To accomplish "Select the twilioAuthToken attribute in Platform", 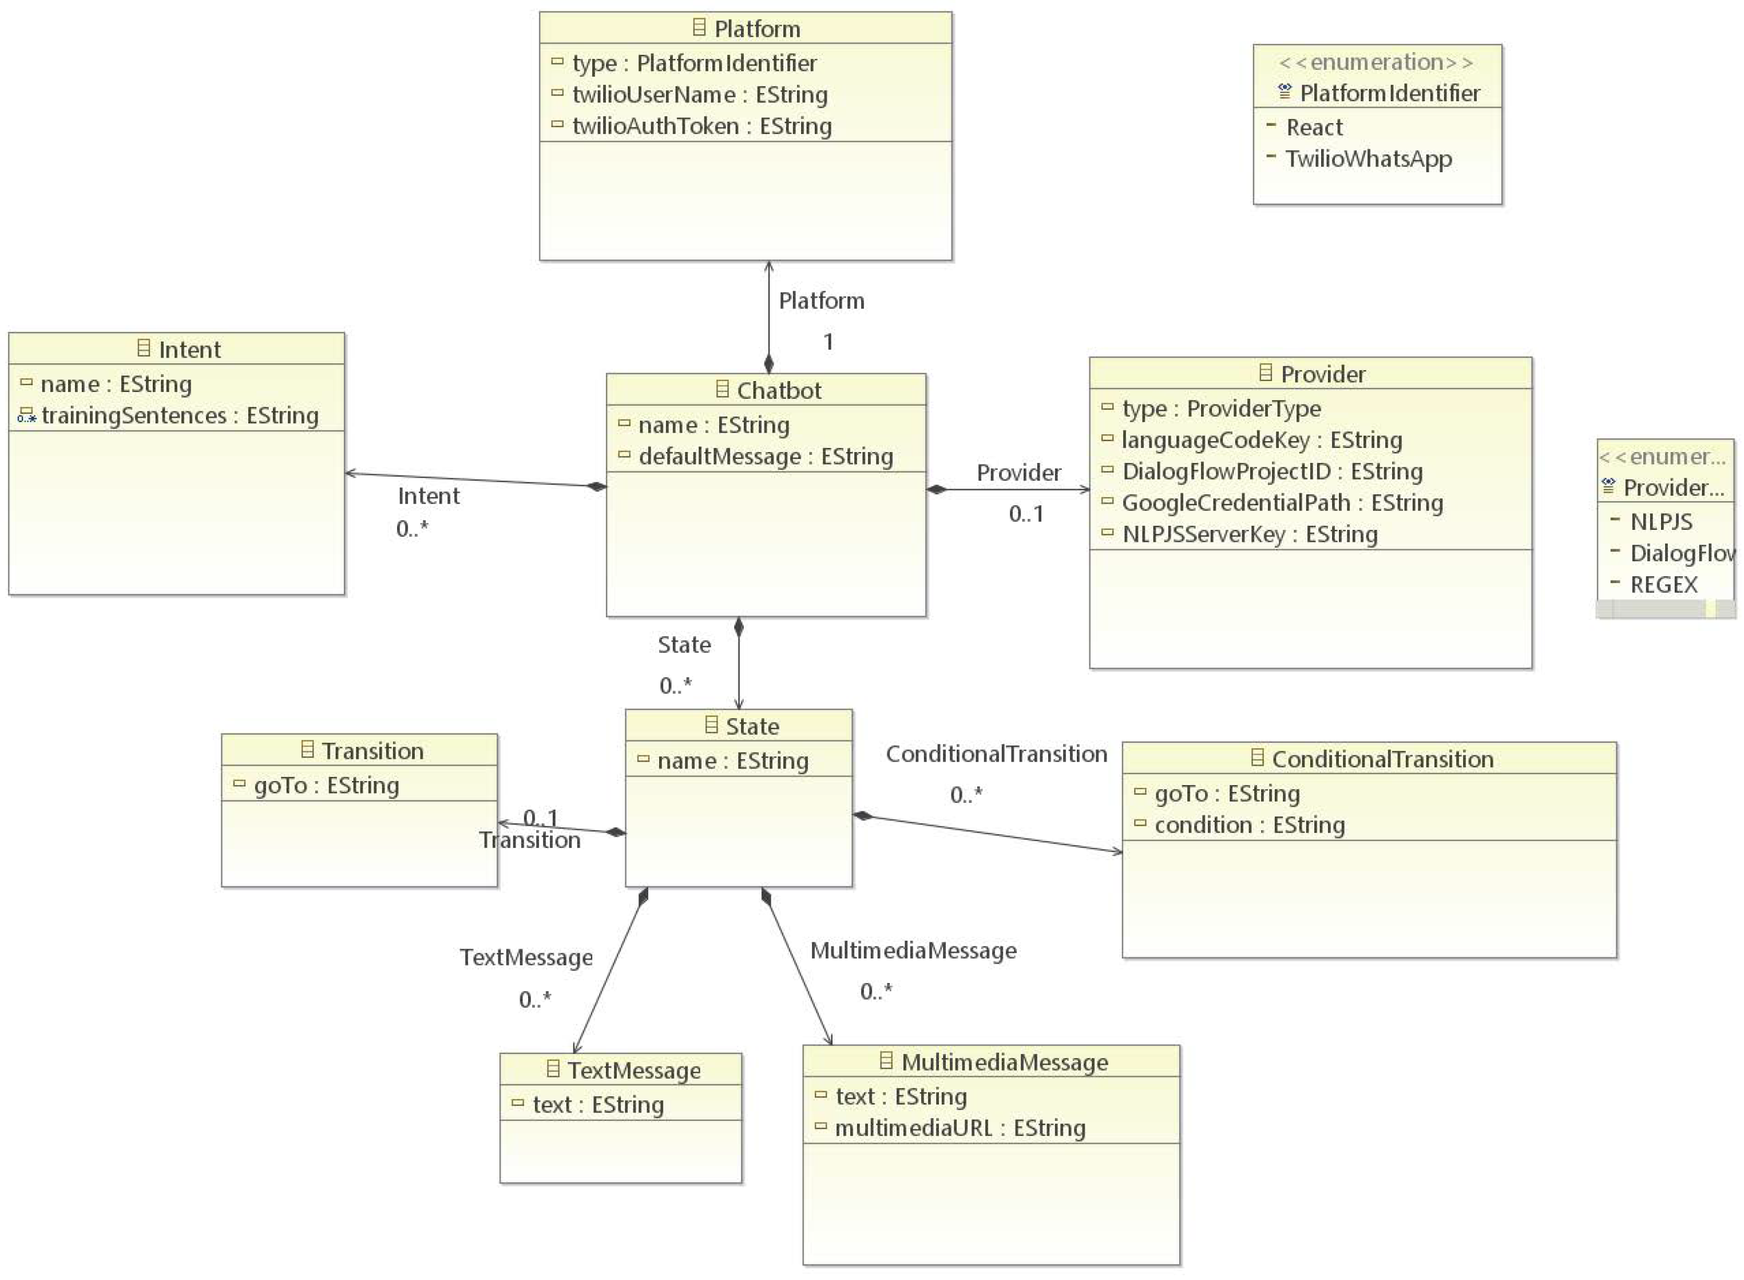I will tap(701, 126).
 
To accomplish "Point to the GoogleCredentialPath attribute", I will tap(1282, 504).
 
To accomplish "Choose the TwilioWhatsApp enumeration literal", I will tap(1368, 159).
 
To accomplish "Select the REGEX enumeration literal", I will tap(1663, 585).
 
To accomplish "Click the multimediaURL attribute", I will tap(959, 1129).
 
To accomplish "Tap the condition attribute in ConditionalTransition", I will tap(1249, 825).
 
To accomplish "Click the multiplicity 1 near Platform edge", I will tap(828, 342).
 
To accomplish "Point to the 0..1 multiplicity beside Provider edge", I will tap(1026, 514).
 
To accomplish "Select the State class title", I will tap(751, 727).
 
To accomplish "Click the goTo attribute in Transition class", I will tap(326, 786).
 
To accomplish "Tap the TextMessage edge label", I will tap(526, 958).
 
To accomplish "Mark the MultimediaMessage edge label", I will tap(913, 951).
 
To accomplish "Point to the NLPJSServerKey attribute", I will tap(1249, 534).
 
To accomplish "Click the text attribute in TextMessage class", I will tap(597, 1105).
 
